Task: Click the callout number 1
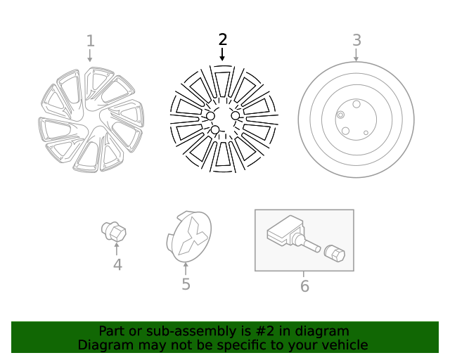90,41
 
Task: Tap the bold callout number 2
223,39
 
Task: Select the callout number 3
356,40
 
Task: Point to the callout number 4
117,264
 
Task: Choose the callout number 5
186,284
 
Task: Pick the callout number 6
304,286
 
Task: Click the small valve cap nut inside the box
335,254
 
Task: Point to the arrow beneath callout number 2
223,54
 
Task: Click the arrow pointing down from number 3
356,55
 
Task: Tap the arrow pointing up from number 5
186,269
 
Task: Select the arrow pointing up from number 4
117,249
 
